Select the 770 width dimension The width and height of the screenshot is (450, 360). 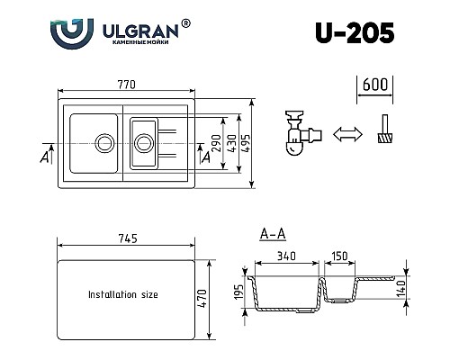126,85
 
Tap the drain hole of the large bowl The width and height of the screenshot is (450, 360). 104,141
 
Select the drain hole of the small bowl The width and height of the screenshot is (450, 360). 142,141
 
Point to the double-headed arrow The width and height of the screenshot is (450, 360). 343,135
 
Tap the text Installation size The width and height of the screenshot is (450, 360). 124,294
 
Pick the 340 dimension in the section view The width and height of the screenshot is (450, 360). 286,256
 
